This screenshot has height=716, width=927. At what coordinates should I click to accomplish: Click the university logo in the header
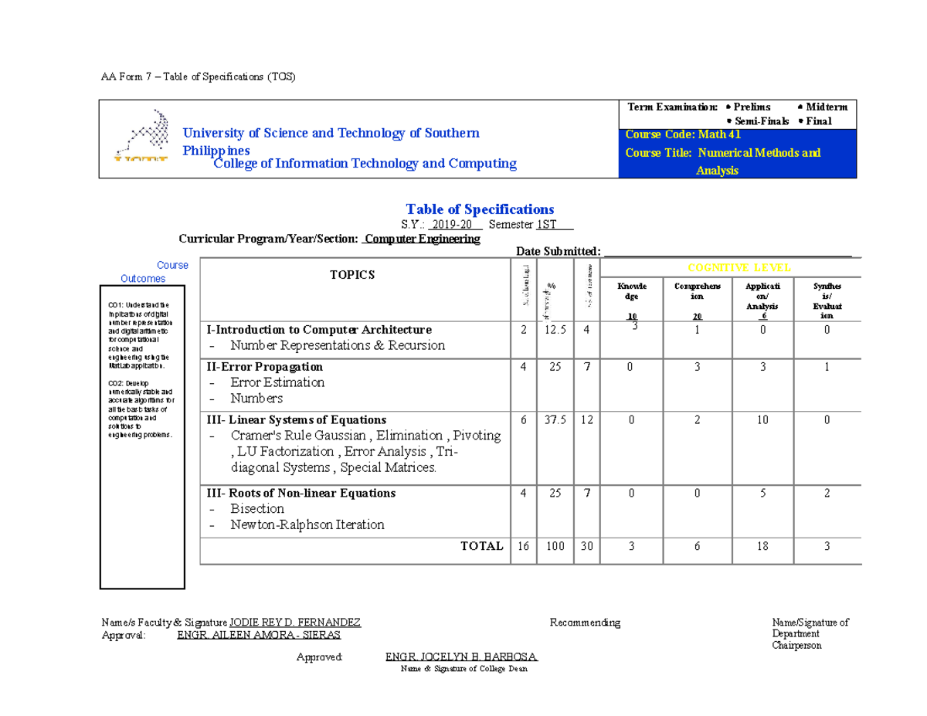tap(141, 137)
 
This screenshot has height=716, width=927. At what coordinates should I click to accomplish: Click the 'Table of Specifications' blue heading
tap(480, 209)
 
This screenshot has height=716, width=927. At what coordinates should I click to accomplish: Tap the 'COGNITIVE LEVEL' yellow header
tap(739, 268)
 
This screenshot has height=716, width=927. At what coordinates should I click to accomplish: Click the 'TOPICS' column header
tap(352, 275)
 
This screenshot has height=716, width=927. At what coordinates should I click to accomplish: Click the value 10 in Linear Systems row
tap(762, 420)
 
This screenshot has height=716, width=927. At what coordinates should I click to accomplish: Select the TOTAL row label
tap(481, 546)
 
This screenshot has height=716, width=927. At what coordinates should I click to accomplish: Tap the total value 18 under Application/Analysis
tap(762, 546)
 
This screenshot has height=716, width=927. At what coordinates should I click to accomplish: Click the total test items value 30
tap(587, 546)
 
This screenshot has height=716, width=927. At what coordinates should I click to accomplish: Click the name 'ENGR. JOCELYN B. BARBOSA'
tap(461, 657)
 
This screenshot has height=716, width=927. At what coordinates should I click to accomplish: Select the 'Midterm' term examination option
tap(826, 107)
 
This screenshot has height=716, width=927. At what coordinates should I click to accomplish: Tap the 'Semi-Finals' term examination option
tap(760, 121)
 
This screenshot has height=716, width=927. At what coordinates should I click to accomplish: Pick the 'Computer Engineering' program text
tap(422, 239)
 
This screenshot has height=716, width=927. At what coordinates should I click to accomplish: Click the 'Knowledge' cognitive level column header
tap(632, 291)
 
